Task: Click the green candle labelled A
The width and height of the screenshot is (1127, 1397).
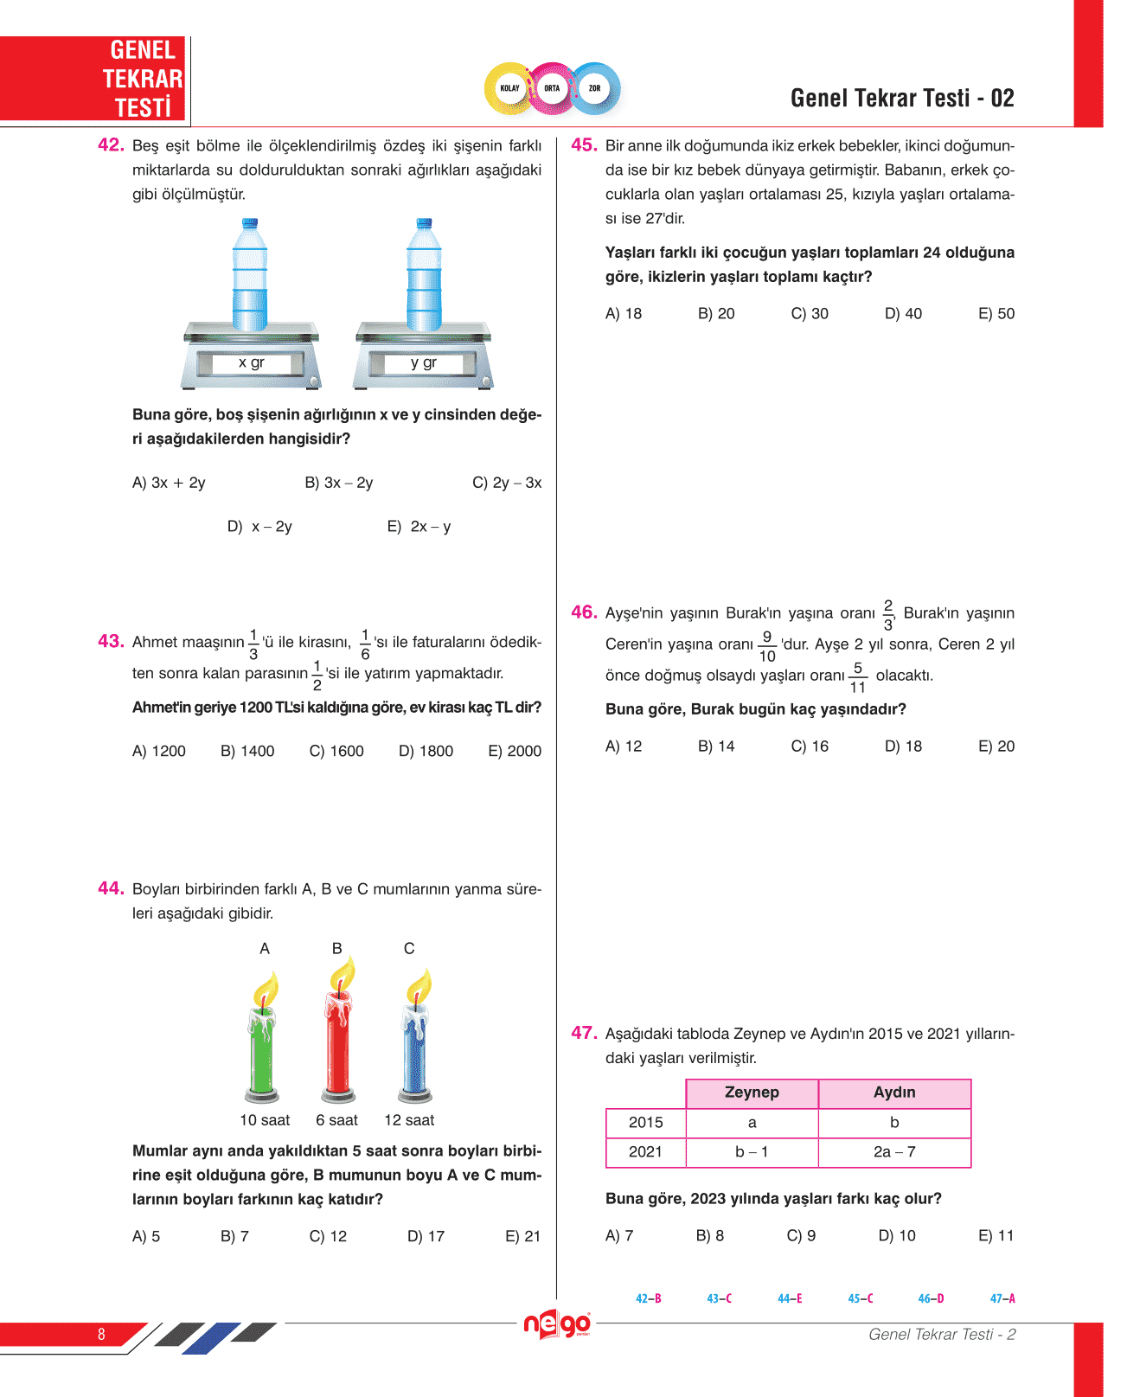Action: [264, 1051]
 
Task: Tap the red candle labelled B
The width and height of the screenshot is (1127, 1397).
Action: [337, 1042]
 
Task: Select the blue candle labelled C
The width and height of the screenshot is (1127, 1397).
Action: [415, 1051]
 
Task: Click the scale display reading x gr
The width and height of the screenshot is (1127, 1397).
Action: [252, 363]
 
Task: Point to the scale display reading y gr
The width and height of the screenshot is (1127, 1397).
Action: [424, 363]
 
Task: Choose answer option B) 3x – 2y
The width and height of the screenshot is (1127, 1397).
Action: [338, 483]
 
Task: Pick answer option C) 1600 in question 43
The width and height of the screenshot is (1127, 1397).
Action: [336, 751]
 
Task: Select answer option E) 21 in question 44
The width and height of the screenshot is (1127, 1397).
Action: [522, 1236]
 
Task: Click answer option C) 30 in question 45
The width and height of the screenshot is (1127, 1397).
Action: [810, 313]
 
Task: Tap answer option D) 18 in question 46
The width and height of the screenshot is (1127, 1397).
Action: [903, 746]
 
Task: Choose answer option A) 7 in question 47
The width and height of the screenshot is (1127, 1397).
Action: [619, 1235]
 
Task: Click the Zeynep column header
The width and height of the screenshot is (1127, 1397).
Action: [752, 1093]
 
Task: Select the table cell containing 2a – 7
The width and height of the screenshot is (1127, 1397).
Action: [894, 1151]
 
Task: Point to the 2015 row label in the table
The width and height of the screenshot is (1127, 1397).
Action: [645, 1122]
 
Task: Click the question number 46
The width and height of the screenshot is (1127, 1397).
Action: [584, 612]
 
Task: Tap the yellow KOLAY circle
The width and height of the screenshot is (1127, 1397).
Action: [509, 88]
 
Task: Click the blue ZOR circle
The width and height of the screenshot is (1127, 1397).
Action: [595, 88]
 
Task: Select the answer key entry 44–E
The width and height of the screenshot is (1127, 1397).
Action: [790, 1298]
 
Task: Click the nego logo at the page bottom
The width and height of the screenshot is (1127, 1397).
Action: [557, 1324]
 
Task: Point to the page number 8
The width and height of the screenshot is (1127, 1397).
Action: [101, 1334]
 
